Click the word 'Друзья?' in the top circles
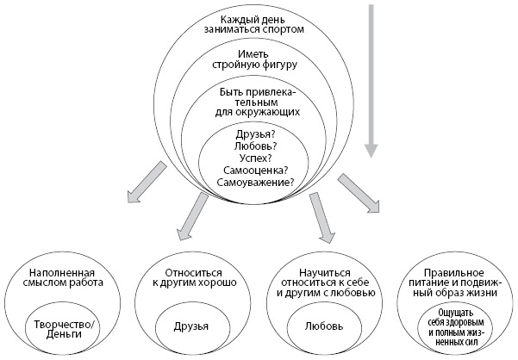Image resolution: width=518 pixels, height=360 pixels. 256,134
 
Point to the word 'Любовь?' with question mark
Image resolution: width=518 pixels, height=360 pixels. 256,146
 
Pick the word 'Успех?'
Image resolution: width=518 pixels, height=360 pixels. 256,158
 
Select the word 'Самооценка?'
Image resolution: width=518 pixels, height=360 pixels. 256,171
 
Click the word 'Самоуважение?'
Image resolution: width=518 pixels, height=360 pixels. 256,183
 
